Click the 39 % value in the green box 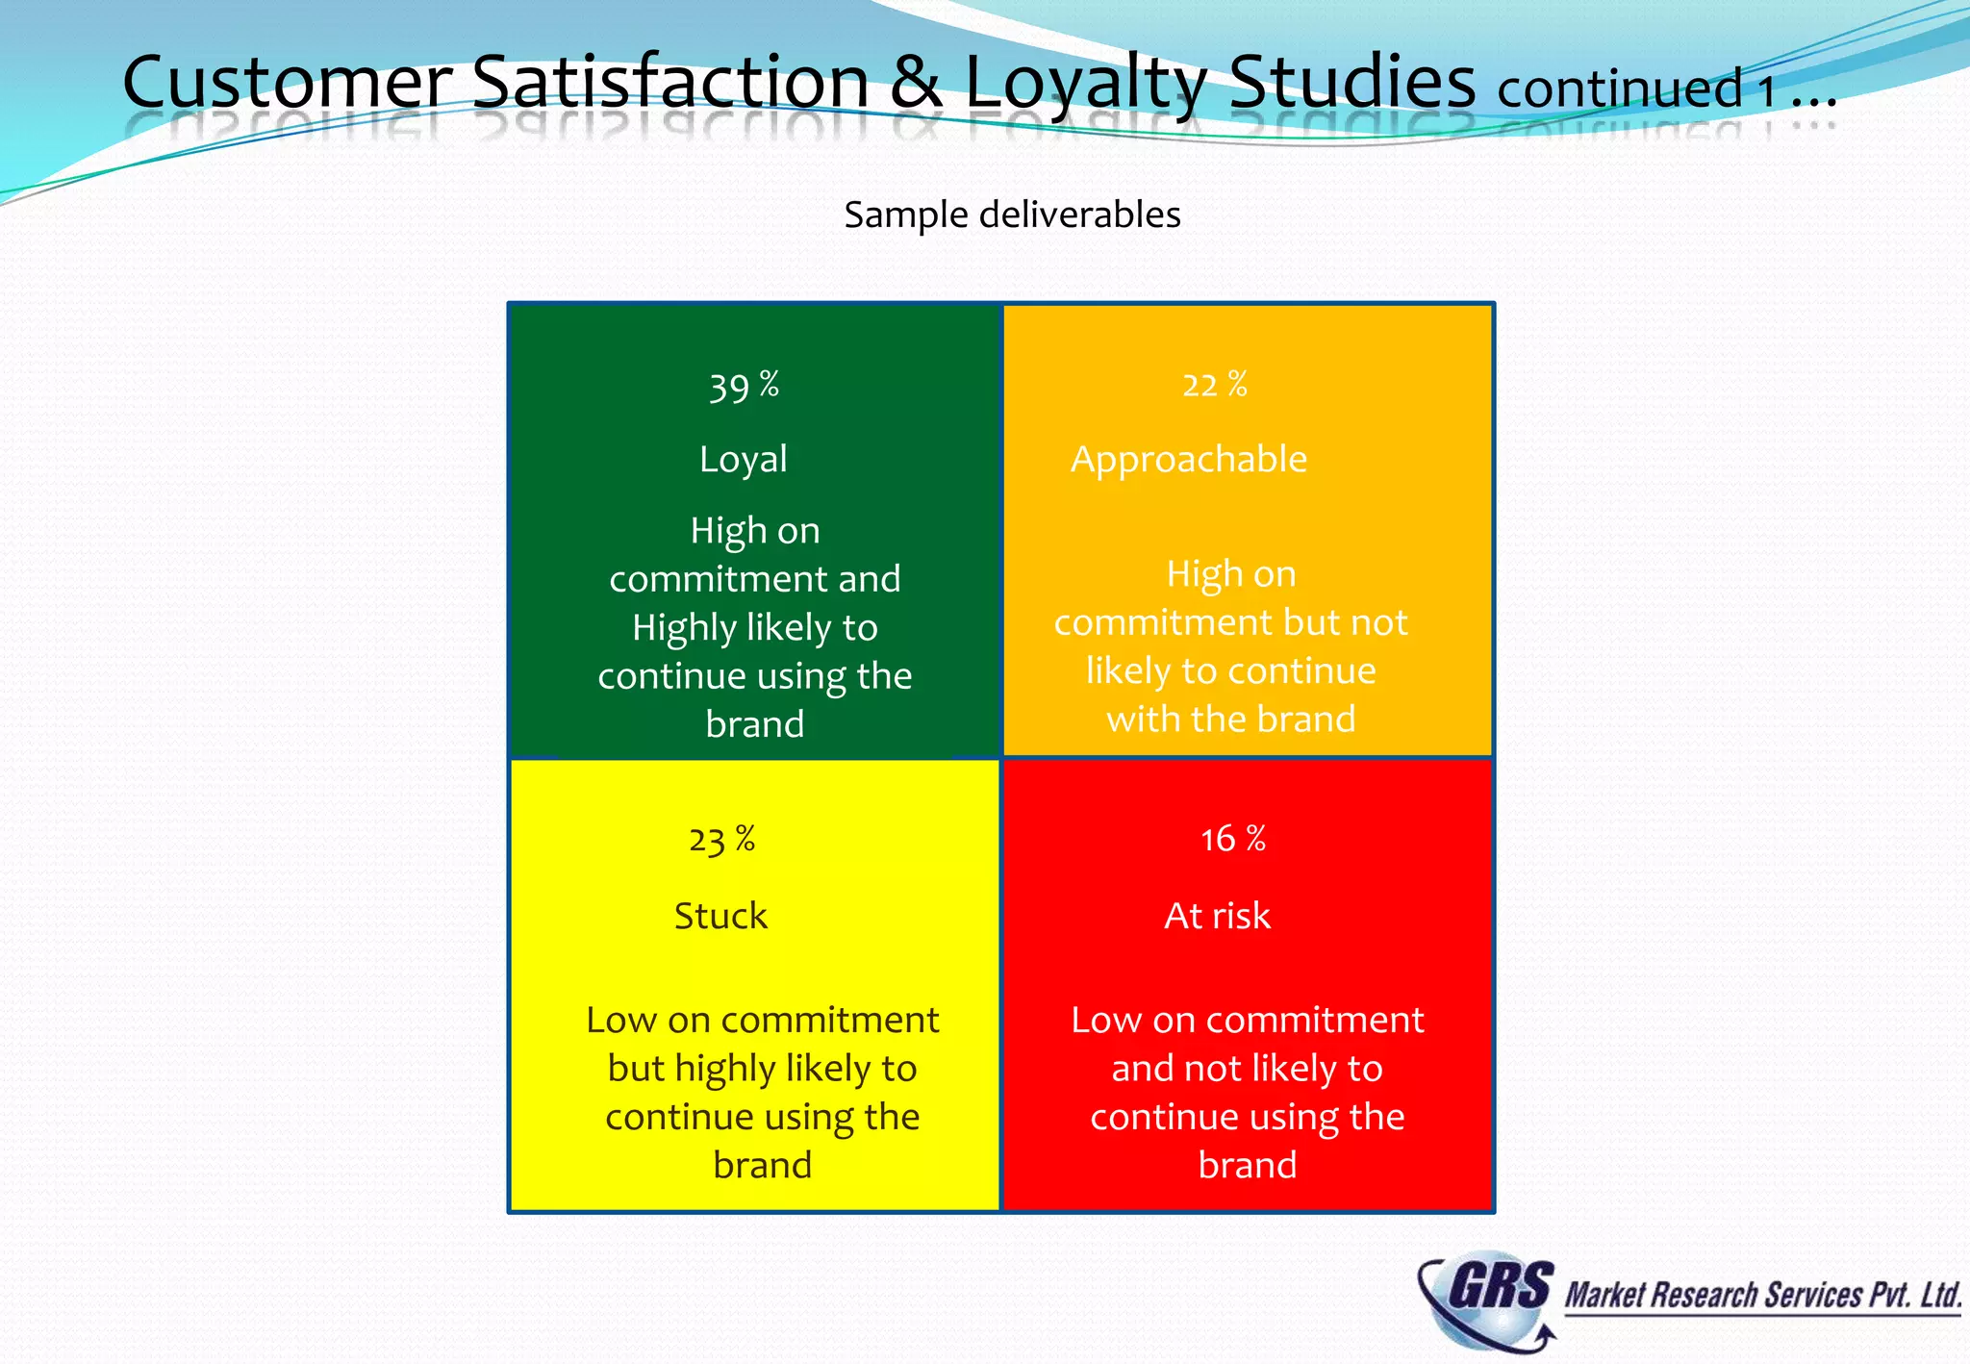tap(744, 386)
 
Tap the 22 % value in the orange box tap(1214, 385)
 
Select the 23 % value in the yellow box tap(721, 840)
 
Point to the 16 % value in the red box tap(1232, 839)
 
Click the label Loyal tap(744, 460)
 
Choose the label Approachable tap(1189, 460)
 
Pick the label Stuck tap(720, 916)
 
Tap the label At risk tap(1217, 916)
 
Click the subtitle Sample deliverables tap(1012, 215)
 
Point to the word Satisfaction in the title tap(670, 82)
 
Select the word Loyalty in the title tap(1085, 84)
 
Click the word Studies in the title tap(1351, 82)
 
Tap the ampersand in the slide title tap(916, 83)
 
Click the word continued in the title tap(1619, 89)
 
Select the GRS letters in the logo tap(1500, 1285)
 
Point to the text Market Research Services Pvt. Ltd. tap(1762, 1296)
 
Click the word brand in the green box tap(754, 724)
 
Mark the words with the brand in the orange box tap(1230, 720)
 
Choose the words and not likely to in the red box tap(1247, 1069)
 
